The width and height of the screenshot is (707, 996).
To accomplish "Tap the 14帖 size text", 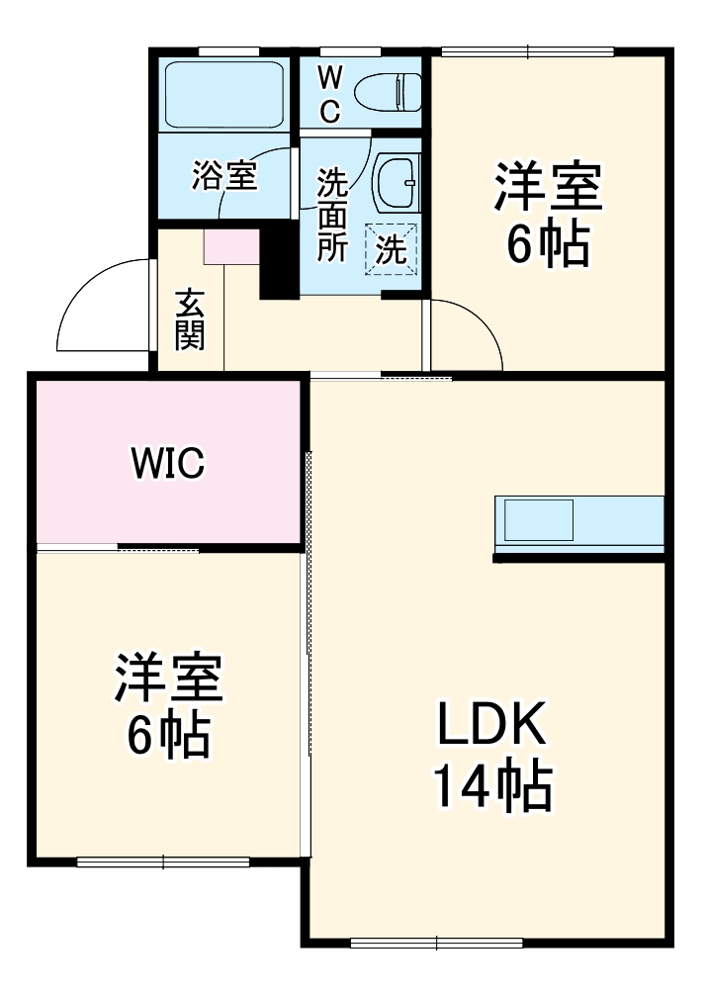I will (x=491, y=787).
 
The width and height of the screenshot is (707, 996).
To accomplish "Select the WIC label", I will (x=168, y=461).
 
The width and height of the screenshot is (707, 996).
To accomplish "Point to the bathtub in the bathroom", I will (x=223, y=94).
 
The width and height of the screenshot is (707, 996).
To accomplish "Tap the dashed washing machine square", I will (x=392, y=247).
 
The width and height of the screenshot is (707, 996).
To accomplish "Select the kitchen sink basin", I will (x=539, y=519).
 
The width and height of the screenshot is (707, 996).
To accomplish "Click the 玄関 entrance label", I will (x=190, y=318).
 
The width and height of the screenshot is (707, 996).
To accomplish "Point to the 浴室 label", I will (x=224, y=176).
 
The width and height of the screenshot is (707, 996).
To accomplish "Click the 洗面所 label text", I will (x=331, y=215).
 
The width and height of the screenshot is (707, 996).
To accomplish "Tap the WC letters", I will (x=330, y=94).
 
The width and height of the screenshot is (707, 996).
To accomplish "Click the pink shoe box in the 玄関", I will (x=230, y=246).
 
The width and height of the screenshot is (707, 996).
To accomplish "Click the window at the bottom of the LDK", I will (x=436, y=942).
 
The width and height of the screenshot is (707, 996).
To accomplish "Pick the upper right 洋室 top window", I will (x=527, y=51).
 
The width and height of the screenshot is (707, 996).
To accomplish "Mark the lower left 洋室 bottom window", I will (x=163, y=861).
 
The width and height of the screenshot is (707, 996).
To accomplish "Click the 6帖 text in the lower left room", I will (x=168, y=734).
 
